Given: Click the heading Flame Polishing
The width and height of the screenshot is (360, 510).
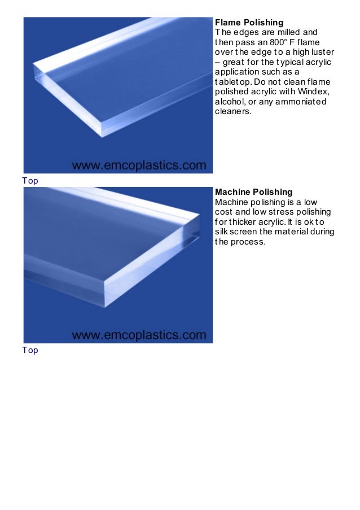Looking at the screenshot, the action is tap(249, 23).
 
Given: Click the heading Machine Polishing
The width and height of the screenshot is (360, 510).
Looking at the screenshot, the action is tap(254, 192).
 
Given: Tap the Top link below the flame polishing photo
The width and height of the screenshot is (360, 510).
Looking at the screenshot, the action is tap(30, 181).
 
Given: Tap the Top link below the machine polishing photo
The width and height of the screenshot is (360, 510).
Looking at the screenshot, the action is tap(30, 350).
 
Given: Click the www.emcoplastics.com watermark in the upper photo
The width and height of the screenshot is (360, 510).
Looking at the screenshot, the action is tap(139, 165).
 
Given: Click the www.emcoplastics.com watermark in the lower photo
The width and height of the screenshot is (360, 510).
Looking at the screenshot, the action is tap(139, 335).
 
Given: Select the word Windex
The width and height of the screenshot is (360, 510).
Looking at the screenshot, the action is tap(313, 91).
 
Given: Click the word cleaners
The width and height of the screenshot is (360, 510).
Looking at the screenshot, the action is tap(233, 112).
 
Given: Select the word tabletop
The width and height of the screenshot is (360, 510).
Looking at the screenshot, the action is tap(233, 82).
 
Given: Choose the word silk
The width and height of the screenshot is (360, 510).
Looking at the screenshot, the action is tap(222, 232).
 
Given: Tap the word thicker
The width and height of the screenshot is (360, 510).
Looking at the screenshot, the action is tap(243, 222).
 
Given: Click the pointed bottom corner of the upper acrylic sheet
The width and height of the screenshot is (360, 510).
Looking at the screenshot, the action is tap(102, 137).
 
